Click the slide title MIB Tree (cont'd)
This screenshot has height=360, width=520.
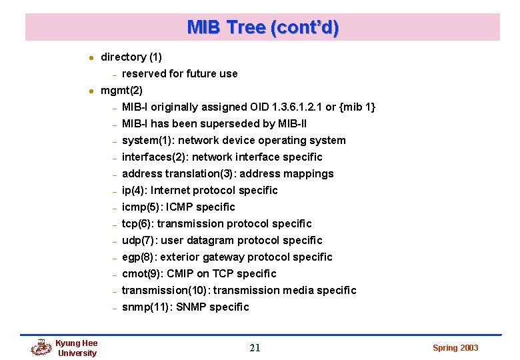point(263,27)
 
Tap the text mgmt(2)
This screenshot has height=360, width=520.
point(121,90)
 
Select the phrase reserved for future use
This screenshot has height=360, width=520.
point(179,73)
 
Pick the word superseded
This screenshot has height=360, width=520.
point(231,123)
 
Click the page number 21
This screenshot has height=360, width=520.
point(255,347)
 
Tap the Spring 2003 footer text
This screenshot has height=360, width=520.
point(455,347)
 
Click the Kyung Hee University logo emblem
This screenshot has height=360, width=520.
point(41,347)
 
